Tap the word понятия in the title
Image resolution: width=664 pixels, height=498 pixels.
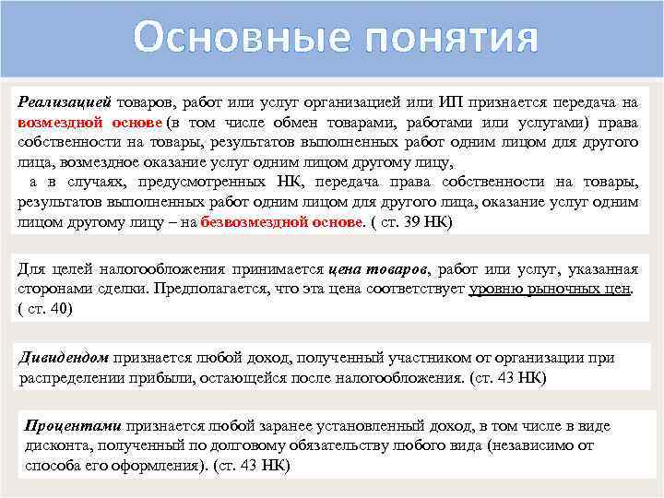443,39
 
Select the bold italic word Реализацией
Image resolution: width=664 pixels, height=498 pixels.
65,104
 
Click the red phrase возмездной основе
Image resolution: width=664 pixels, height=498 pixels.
89,124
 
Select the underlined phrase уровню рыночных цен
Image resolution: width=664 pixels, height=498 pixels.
550,289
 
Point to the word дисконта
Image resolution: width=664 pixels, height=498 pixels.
54,446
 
